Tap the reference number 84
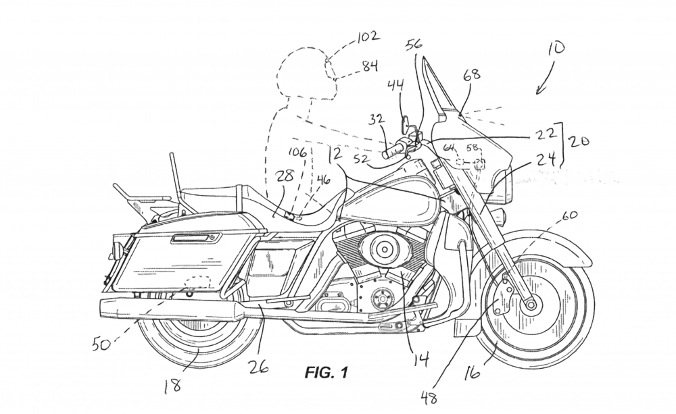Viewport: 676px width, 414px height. (369, 66)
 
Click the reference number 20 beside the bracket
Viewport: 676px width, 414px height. (579, 143)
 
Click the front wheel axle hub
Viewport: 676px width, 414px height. (529, 303)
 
